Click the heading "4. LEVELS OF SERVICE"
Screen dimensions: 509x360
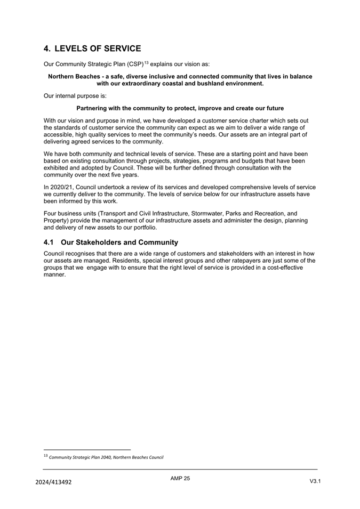point(92,49)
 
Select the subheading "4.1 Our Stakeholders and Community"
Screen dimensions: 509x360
point(110,242)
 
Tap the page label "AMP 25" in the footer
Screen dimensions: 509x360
point(180,479)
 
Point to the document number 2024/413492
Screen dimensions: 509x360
point(53,482)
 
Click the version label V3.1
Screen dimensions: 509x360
point(315,481)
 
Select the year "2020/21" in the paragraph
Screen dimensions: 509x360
point(62,187)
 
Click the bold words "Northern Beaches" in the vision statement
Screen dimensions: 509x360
point(74,77)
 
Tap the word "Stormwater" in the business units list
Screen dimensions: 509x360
point(205,213)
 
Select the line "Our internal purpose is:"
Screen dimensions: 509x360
point(75,96)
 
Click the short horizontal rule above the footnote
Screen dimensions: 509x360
point(87,449)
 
